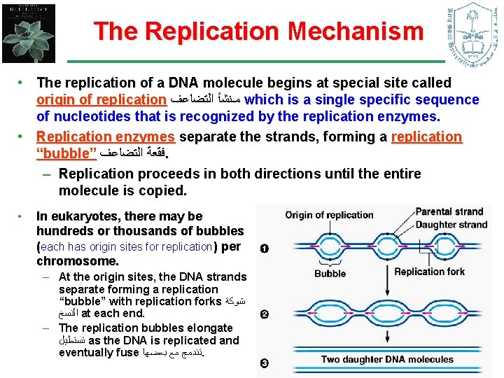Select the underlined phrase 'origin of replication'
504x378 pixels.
click(x=101, y=100)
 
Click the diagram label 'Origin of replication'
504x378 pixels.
click(x=329, y=215)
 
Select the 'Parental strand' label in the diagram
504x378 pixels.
click(x=449, y=211)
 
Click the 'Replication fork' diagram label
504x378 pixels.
click(x=429, y=271)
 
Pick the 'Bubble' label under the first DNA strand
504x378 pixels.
click(x=330, y=273)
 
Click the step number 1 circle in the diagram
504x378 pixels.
click(x=264, y=248)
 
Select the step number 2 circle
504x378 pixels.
click(x=264, y=314)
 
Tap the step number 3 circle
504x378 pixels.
click(x=264, y=363)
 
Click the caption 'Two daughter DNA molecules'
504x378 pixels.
click(x=387, y=359)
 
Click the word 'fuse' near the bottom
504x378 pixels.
click(x=125, y=353)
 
